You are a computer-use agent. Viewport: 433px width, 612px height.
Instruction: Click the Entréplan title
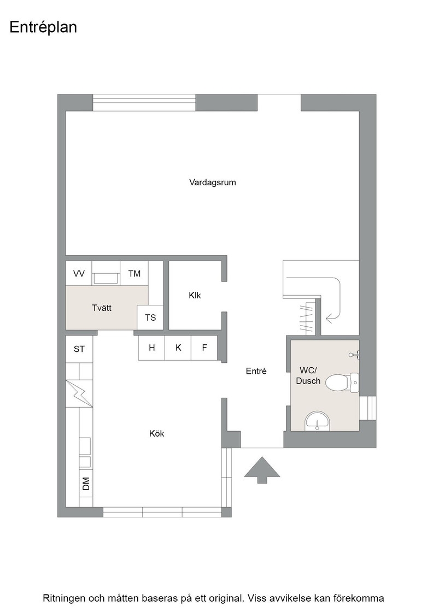[x=43, y=27]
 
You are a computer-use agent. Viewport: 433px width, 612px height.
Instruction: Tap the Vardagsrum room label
[x=213, y=183]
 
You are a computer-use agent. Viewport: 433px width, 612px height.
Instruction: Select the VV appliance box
[x=79, y=273]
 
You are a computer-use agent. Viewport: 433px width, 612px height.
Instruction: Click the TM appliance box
[x=134, y=273]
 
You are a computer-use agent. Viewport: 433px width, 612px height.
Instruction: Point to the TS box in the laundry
[x=150, y=317]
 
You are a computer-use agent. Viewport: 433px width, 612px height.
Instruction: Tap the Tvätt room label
[x=102, y=308]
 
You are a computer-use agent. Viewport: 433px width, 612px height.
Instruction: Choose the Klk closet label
[x=195, y=296]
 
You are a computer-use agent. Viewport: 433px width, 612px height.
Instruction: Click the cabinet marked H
[x=152, y=348]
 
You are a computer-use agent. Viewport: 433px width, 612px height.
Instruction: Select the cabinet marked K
[x=178, y=348]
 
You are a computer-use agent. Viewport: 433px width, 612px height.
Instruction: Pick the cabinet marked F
[x=204, y=348]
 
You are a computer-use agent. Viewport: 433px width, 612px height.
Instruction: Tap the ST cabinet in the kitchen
[x=79, y=349]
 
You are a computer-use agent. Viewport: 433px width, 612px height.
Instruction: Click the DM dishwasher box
[x=86, y=484]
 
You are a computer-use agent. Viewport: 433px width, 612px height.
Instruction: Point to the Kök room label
[x=156, y=433]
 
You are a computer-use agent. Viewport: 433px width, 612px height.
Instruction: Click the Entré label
[x=256, y=371]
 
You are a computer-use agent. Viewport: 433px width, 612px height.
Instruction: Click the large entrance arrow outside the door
[x=262, y=470]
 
